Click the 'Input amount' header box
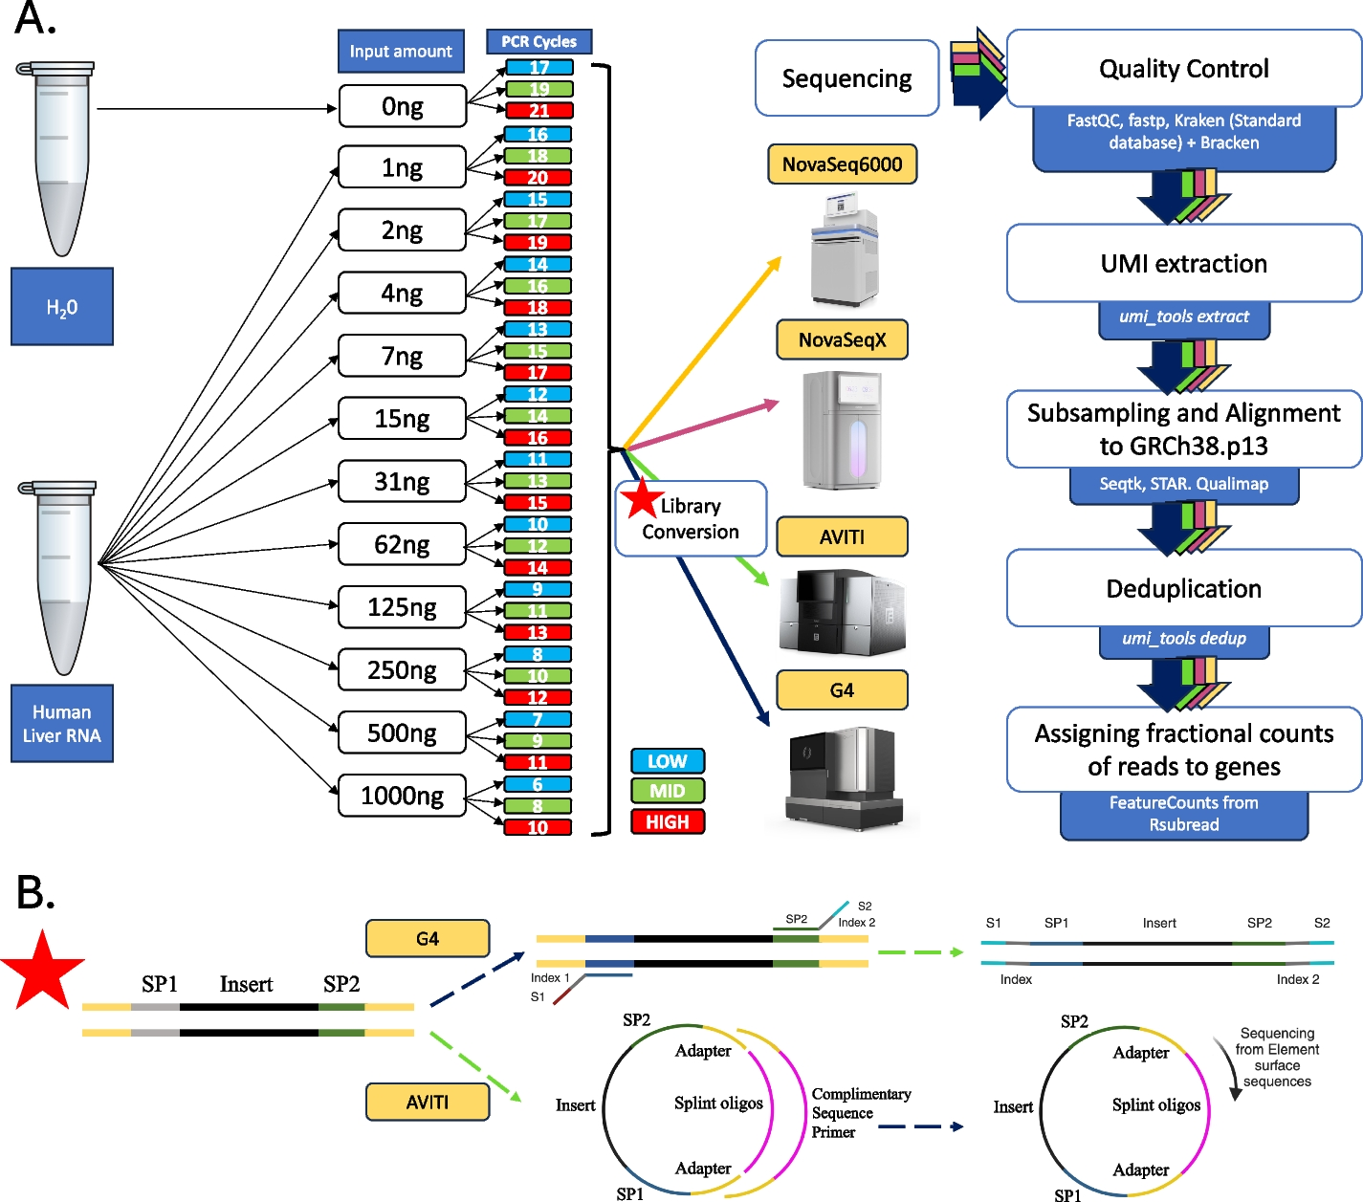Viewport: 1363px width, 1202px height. click(x=401, y=52)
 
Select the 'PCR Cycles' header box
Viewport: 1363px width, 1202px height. click(x=539, y=41)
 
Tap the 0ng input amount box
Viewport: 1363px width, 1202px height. click(x=402, y=106)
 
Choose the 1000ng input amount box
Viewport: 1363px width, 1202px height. click(x=402, y=796)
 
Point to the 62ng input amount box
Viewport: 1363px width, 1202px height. click(x=402, y=544)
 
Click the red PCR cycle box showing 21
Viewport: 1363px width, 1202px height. click(x=539, y=110)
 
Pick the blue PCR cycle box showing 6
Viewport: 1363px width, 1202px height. click(x=538, y=784)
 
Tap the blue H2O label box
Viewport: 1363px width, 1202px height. click(x=62, y=307)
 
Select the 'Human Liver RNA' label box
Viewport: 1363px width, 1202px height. click(x=62, y=724)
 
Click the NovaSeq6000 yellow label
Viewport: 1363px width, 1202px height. click(x=842, y=164)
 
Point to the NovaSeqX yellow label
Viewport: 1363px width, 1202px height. click(x=842, y=339)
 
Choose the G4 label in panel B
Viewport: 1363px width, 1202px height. click(x=428, y=939)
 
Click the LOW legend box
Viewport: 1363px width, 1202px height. click(x=667, y=761)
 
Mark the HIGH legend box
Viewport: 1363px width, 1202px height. click(x=667, y=821)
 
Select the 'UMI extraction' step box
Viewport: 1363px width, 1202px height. click(x=1183, y=263)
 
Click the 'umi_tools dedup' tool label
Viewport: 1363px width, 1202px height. click(x=1184, y=639)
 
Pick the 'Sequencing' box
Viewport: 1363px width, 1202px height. click(x=846, y=78)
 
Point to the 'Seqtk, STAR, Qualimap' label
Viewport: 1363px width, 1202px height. click(x=1184, y=484)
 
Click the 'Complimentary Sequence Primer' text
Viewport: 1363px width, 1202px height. click(x=860, y=1113)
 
